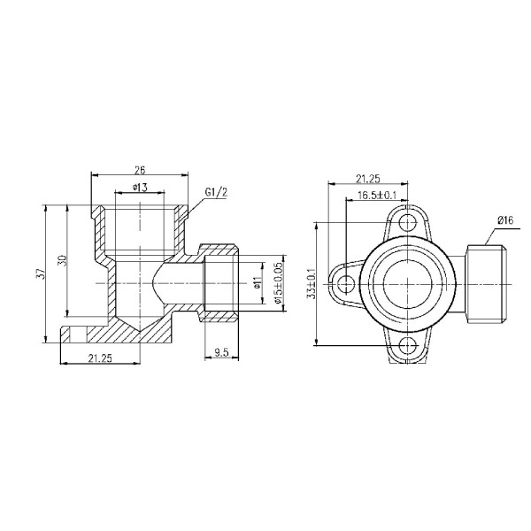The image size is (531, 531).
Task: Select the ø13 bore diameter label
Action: [x=139, y=187]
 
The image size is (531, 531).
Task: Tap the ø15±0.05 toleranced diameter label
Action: [x=277, y=283]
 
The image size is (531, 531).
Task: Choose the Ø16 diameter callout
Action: [x=506, y=219]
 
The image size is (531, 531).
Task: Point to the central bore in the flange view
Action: [x=406, y=283]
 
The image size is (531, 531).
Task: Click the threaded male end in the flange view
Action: [x=486, y=283]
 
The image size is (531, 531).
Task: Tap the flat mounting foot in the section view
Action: [x=84, y=336]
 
